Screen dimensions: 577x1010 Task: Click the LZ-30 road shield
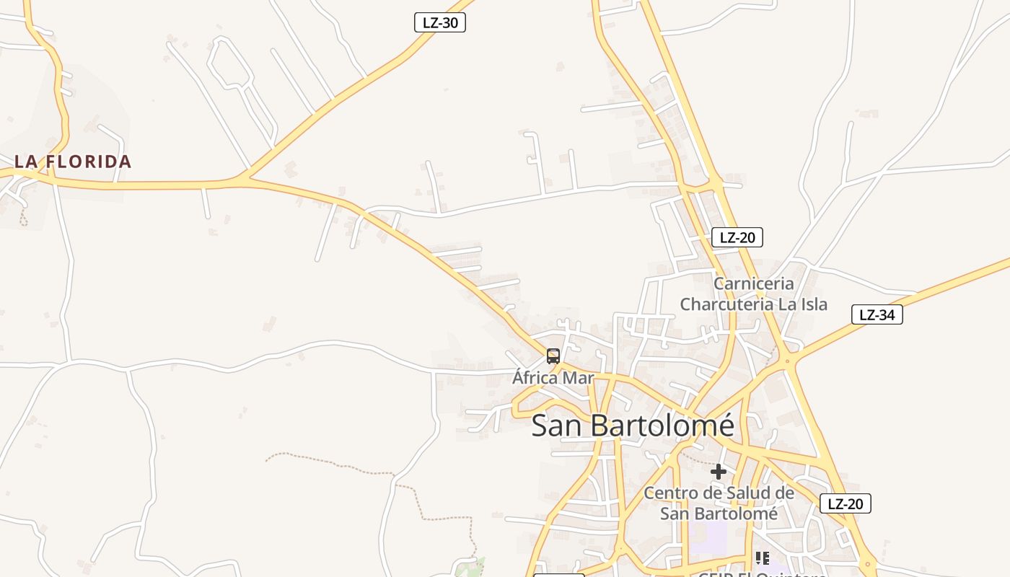440,22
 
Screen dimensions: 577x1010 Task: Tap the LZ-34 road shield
877,314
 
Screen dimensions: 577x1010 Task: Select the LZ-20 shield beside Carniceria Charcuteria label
737,237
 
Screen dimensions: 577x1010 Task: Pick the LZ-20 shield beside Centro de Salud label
845,503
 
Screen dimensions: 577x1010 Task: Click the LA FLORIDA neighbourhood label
73,162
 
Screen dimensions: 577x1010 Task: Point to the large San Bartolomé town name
633,426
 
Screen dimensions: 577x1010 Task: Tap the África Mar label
553,377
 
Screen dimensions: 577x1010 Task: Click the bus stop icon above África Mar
553,356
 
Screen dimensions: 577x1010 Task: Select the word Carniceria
753,283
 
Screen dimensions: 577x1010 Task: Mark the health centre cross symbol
719,472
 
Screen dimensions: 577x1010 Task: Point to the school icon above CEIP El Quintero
763,558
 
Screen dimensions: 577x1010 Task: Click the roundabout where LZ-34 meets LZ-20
789,360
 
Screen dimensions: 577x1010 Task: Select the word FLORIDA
89,162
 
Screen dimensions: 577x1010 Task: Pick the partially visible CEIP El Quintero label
761,573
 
